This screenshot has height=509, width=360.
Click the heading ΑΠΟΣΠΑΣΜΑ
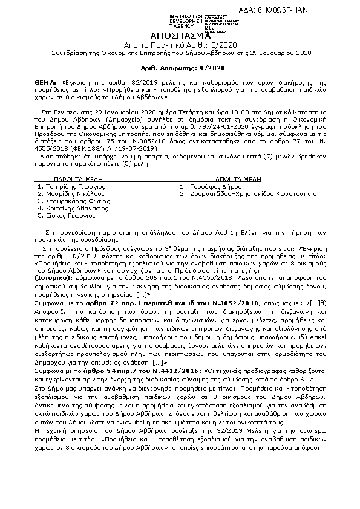180,36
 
